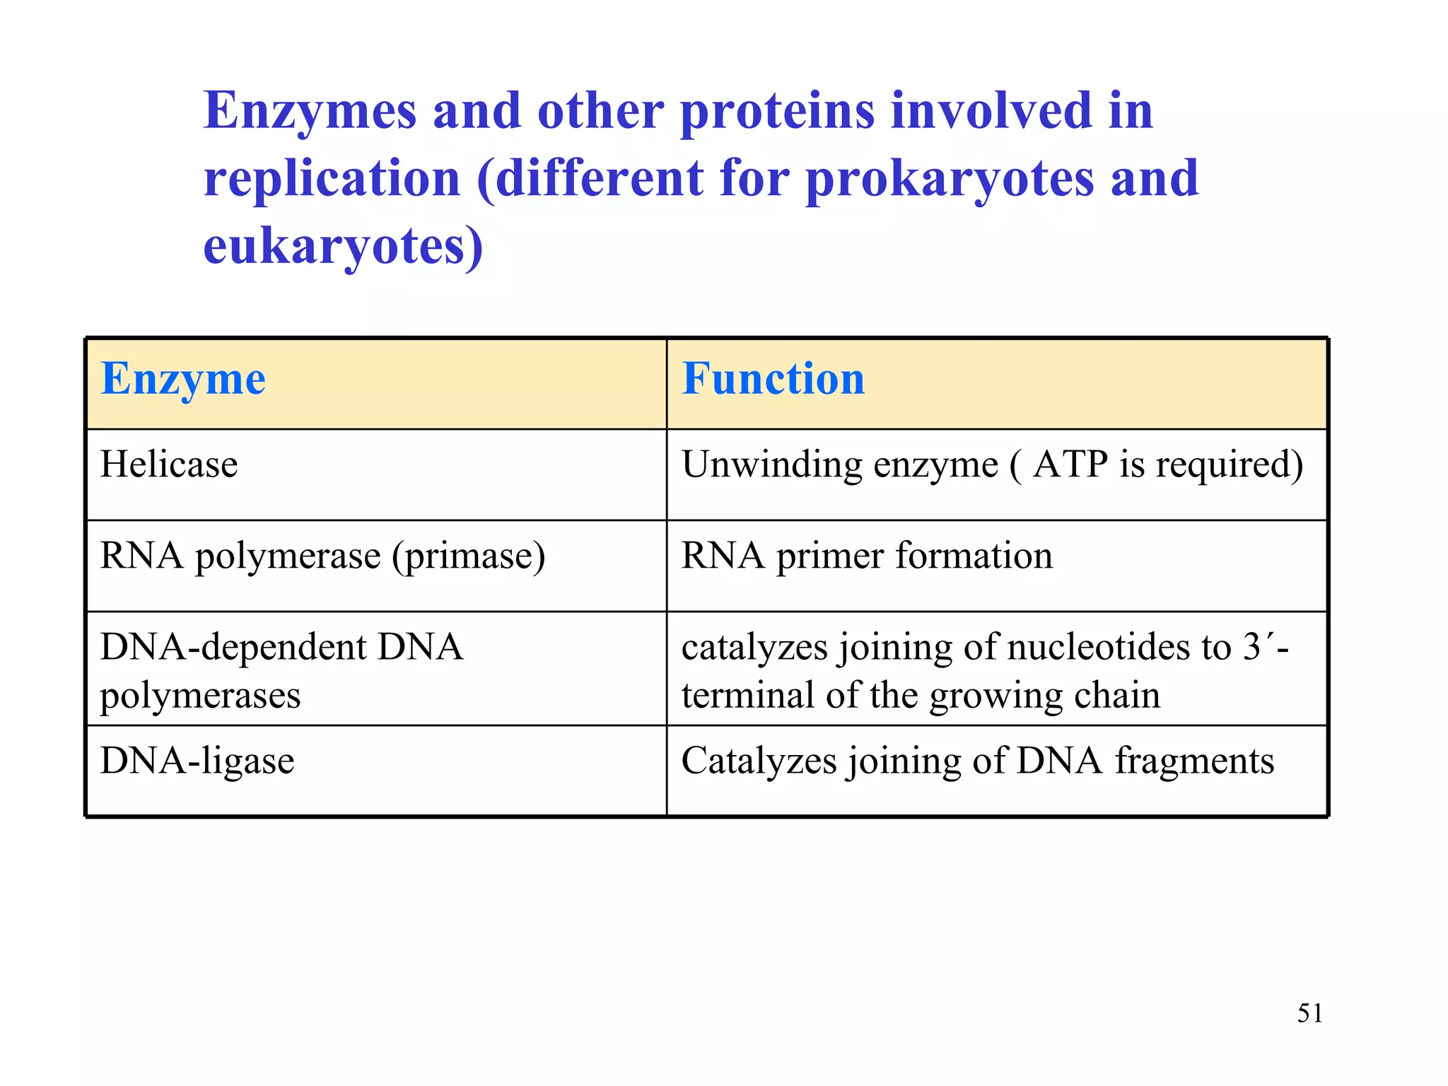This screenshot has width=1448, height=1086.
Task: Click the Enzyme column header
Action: click(x=183, y=380)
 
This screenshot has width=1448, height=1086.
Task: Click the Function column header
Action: click(x=773, y=378)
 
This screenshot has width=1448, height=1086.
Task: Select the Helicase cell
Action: click(x=169, y=465)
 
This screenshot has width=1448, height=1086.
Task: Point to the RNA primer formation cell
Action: click(x=867, y=556)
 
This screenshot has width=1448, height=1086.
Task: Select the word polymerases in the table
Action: click(x=200, y=696)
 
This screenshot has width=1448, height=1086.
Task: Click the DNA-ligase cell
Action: click(x=197, y=761)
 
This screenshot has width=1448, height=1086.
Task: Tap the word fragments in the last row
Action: click(x=1194, y=761)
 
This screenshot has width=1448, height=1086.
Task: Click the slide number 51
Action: click(x=1309, y=1013)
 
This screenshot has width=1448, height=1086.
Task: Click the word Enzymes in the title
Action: click(x=310, y=112)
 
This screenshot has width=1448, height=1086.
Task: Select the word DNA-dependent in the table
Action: click(x=233, y=648)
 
